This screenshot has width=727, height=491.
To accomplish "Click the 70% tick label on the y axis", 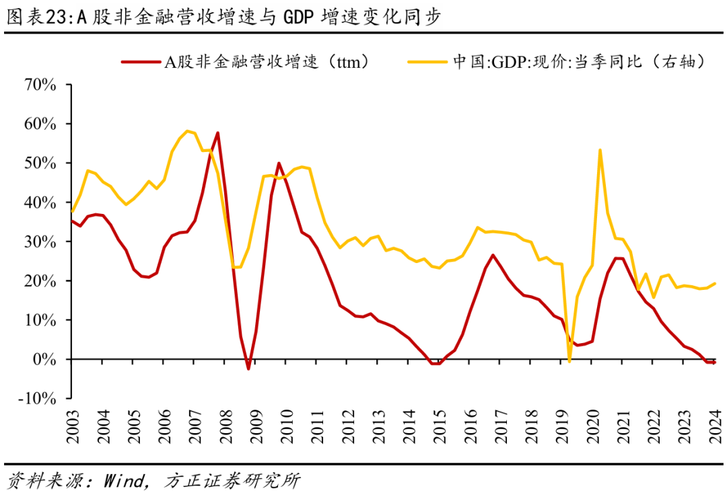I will pos(40,85).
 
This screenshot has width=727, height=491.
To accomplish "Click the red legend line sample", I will pos(141,62).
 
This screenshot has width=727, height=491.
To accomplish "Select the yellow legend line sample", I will pos(427,62).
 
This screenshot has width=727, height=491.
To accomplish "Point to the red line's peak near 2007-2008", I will pos(217,133).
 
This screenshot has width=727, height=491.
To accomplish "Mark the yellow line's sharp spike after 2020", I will pos(600,150).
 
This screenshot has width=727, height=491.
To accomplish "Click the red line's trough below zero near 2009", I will pos(248,369).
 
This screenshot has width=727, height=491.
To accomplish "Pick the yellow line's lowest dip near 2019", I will pos(569,361).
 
